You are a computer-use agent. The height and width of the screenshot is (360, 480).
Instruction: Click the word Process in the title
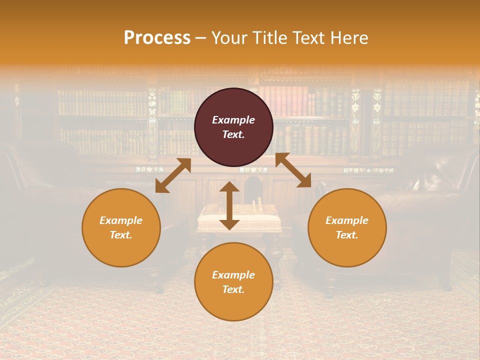157,38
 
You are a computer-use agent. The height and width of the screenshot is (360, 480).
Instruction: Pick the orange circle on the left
121,227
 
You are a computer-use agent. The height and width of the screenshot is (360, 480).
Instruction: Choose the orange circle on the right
347,227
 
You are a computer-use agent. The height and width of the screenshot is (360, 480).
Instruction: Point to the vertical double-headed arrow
229,205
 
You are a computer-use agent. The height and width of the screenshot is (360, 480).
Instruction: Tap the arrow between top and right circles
293,170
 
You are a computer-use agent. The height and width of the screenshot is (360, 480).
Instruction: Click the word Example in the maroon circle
233,120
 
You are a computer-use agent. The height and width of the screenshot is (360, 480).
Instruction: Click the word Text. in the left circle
121,235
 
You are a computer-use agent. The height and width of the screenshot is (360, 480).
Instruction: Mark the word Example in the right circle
347,220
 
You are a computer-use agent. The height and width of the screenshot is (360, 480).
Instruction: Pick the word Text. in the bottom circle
233,289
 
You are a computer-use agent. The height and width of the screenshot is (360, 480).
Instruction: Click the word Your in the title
228,38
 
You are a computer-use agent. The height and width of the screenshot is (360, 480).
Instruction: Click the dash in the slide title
201,38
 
